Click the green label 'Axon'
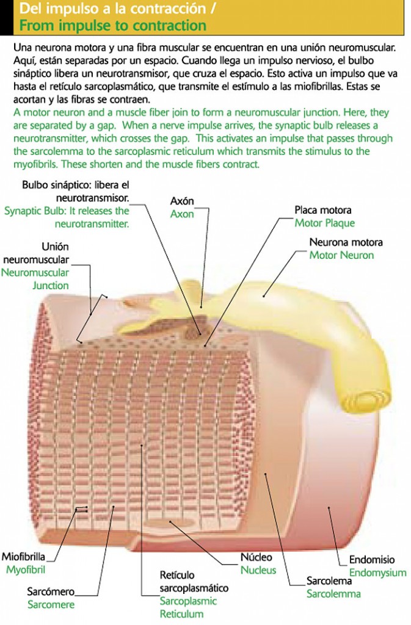click(181, 214)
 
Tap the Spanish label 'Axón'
click(182, 201)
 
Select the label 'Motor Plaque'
click(324, 223)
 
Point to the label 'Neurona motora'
click(346, 242)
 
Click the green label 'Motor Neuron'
click(341, 255)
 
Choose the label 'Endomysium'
click(377, 573)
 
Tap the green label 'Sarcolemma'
click(333, 594)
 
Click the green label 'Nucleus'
click(258, 571)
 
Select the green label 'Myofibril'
click(26, 569)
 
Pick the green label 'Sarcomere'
click(51, 605)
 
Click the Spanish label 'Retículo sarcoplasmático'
click(194, 582)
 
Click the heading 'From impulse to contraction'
click(112, 26)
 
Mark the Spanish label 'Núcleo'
click(256, 557)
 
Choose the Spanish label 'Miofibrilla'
click(24, 557)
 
